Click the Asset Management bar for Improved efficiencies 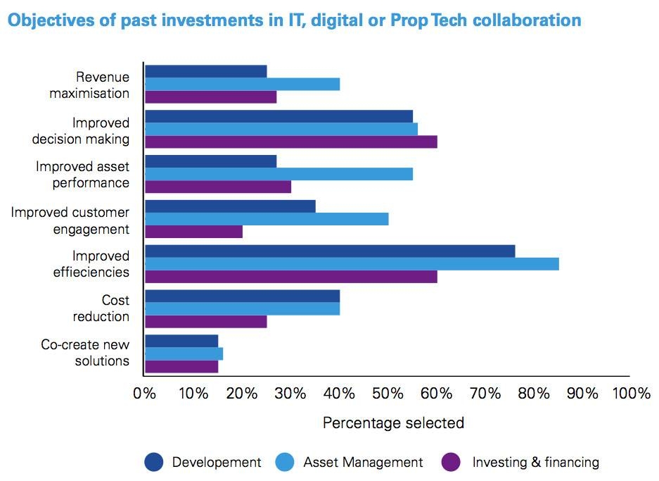click(x=352, y=264)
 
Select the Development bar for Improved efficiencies click(x=330, y=251)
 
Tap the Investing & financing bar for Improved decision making click(x=291, y=142)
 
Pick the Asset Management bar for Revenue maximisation click(x=243, y=85)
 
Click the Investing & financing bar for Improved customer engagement click(x=194, y=232)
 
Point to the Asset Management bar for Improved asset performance click(x=279, y=174)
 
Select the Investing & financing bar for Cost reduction click(x=206, y=322)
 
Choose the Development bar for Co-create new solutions click(x=181, y=341)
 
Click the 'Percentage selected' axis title click(x=393, y=423)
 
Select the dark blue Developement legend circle click(x=153, y=462)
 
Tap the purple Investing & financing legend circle click(x=451, y=462)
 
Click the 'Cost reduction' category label click(x=102, y=308)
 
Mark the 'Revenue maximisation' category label click(x=90, y=85)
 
